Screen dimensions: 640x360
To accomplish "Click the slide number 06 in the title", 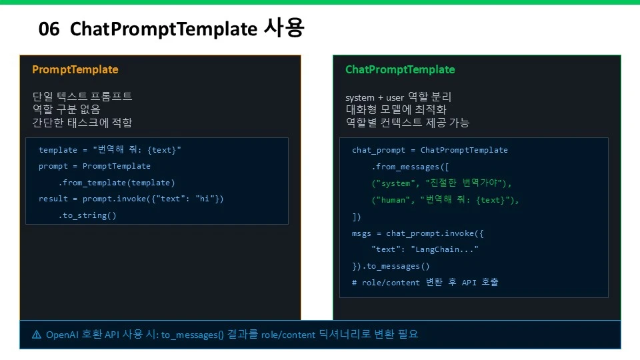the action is click(49, 29).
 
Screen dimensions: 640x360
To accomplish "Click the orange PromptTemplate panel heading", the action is click(75, 70).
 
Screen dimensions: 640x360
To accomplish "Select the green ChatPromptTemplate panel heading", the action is click(400, 70).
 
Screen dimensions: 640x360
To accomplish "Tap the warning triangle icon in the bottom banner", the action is click(37, 335).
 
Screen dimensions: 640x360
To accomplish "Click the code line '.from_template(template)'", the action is click(116, 183).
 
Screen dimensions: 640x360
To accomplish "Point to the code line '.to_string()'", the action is click(87, 215).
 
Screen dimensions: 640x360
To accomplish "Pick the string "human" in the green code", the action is click(393, 200).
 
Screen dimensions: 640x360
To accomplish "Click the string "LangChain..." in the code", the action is click(445, 249).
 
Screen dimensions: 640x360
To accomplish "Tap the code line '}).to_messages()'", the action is click(391, 266).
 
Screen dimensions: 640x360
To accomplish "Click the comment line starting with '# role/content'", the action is click(425, 283).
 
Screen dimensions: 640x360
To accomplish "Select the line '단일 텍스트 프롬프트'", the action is click(82, 96).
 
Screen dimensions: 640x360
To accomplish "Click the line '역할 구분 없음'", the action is click(66, 109).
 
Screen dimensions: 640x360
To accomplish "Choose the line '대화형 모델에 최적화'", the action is click(396, 109).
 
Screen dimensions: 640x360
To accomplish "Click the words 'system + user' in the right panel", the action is click(374, 97).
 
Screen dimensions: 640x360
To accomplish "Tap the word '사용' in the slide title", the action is click(284, 28).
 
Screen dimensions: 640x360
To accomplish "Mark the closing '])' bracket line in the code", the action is click(356, 217).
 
